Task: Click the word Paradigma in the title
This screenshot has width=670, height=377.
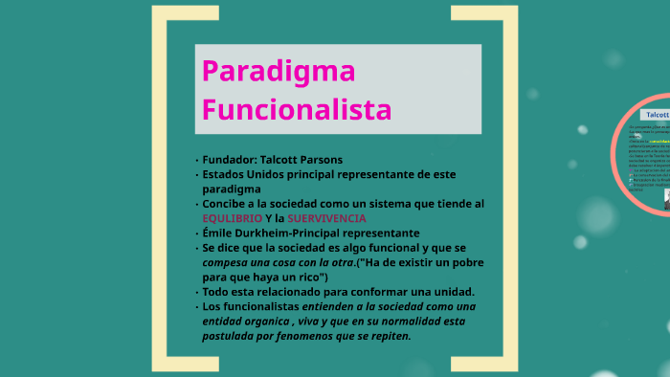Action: tap(279, 72)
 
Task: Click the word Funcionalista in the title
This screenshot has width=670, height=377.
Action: tap(297, 108)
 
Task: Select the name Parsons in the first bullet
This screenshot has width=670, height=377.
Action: tap(319, 160)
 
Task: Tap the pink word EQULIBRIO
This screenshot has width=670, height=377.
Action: tap(232, 218)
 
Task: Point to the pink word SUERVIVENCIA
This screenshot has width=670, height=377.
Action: tap(326, 218)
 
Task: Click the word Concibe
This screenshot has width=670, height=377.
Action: tap(227, 204)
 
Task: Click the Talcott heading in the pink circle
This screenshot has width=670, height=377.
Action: tap(658, 114)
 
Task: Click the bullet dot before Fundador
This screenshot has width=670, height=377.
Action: tap(195, 161)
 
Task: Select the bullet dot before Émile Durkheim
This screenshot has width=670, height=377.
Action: tap(195, 233)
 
